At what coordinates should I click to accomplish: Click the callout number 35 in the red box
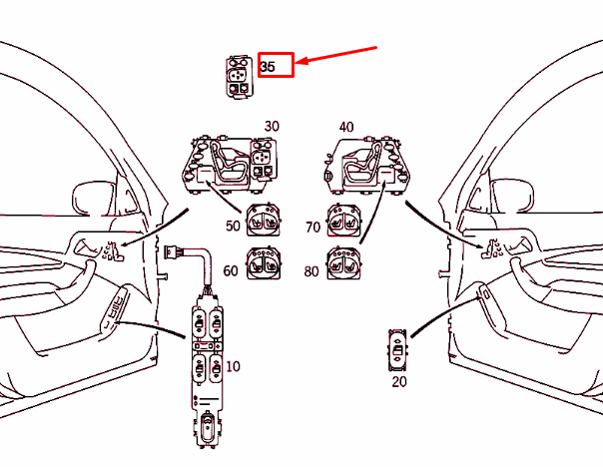coord(268,67)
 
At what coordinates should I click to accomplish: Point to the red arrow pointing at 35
coord(340,56)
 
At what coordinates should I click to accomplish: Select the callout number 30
coord(272,127)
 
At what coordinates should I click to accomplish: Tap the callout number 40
coord(346,127)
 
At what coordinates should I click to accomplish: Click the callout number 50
coord(233,227)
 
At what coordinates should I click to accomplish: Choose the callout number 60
coord(231,270)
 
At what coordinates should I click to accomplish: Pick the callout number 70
coord(312,227)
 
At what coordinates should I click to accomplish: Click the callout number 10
coord(233,366)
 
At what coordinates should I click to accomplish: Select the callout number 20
coord(399,381)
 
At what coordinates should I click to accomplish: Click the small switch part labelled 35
coord(239,76)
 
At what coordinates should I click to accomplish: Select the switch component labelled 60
coord(264,267)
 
